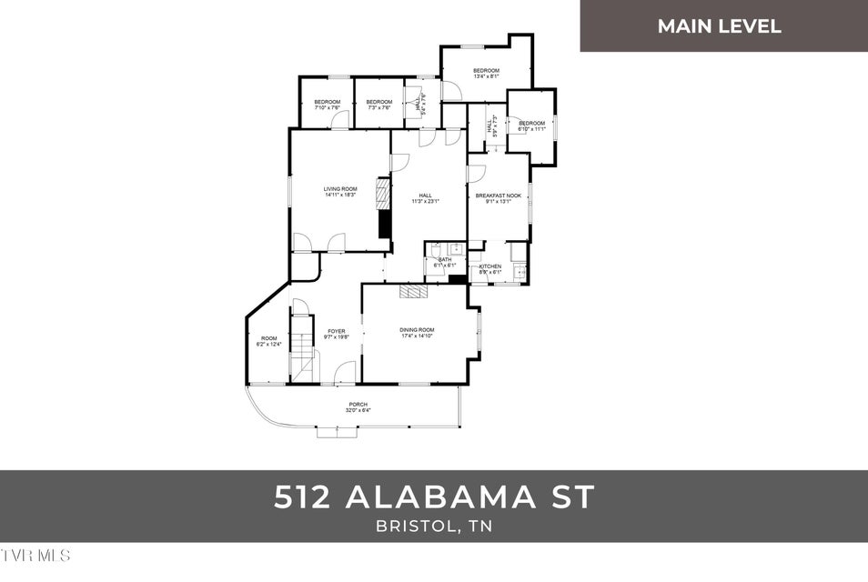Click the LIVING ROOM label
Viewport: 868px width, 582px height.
(339, 189)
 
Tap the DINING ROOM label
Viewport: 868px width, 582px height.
(417, 329)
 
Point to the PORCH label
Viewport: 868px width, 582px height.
(358, 404)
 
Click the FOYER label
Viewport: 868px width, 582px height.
(336, 331)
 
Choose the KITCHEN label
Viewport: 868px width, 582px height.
(490, 266)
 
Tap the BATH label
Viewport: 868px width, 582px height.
(444, 259)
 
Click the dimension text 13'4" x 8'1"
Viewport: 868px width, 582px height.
(486, 76)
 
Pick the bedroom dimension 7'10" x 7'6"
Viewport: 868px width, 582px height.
(327, 107)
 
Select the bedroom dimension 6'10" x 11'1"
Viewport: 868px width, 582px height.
(531, 129)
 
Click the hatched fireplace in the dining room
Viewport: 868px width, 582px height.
(413, 291)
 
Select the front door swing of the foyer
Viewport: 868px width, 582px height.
(344, 372)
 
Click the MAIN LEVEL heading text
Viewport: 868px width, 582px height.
(719, 26)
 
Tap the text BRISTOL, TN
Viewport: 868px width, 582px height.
(433, 527)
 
